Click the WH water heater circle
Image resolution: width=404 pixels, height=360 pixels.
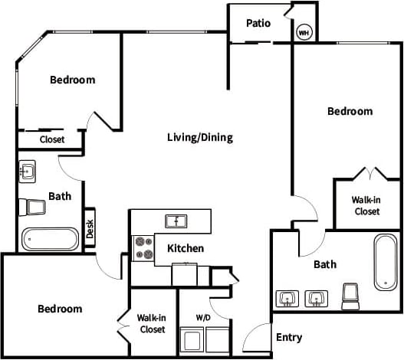pos(304,33)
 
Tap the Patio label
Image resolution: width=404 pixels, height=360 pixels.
pos(258,23)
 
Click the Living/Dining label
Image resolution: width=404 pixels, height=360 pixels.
pos(199,138)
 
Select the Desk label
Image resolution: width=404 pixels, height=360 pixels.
pos(90,228)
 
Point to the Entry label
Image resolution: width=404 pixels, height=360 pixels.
pos(289,337)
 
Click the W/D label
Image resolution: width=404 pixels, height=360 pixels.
pos(203,317)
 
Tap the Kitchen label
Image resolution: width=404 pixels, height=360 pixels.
pos(186,248)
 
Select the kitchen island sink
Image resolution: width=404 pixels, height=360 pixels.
pos(177,221)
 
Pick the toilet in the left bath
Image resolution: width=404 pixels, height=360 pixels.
pos(34,207)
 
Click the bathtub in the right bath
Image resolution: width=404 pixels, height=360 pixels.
pos(384,262)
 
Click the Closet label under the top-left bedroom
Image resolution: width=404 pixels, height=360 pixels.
pos(51,140)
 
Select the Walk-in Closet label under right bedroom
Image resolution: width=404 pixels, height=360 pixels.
pos(366,205)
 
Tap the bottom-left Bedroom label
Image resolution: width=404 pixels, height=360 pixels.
pos(60,309)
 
